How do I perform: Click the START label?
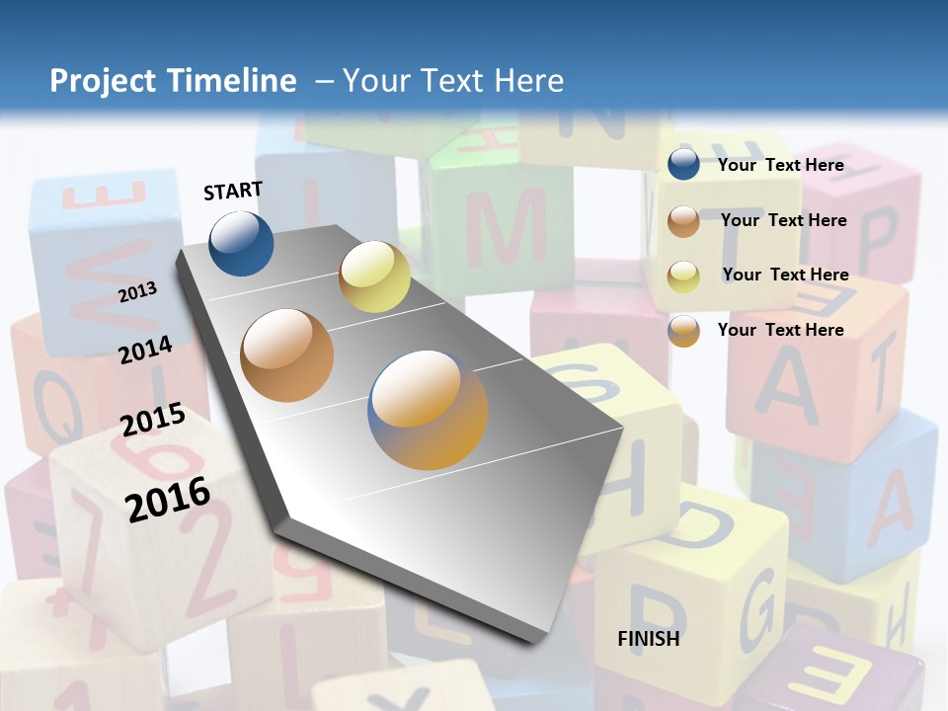233,191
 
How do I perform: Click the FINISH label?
649,639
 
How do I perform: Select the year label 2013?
138,291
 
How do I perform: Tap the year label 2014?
146,350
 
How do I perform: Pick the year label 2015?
153,421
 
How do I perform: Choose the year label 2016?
168,499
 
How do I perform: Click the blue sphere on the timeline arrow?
241,243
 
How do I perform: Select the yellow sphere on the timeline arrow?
374,276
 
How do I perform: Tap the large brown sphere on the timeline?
287,355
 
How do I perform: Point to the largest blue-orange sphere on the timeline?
428,410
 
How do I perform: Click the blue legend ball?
683,164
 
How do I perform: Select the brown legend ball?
683,221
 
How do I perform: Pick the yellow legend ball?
683,276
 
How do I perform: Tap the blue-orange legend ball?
683,331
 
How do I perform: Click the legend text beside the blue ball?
781,165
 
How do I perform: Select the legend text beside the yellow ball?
785,275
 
